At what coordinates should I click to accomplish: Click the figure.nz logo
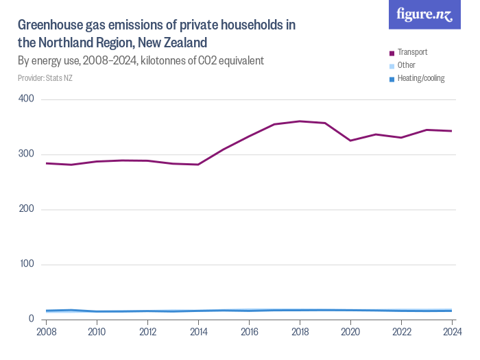pyautogui.click(x=424, y=14)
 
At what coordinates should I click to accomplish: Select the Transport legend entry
pyautogui.click(x=412, y=52)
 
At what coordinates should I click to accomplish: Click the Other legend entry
pyautogui.click(x=407, y=65)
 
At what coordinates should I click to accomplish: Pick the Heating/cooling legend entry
pyautogui.click(x=420, y=78)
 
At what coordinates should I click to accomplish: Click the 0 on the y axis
pyautogui.click(x=32, y=319)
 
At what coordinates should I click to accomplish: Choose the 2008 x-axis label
pyautogui.click(x=46, y=333)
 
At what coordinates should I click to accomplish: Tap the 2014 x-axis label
pyautogui.click(x=198, y=333)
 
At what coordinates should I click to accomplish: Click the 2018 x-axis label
pyautogui.click(x=300, y=333)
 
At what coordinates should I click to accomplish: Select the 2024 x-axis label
pyautogui.click(x=451, y=333)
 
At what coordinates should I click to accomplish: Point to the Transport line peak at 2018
pyautogui.click(x=300, y=121)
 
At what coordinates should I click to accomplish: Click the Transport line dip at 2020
pyautogui.click(x=350, y=141)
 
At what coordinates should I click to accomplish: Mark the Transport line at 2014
pyautogui.click(x=198, y=165)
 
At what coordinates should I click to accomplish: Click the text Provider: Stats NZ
pyautogui.click(x=45, y=78)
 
